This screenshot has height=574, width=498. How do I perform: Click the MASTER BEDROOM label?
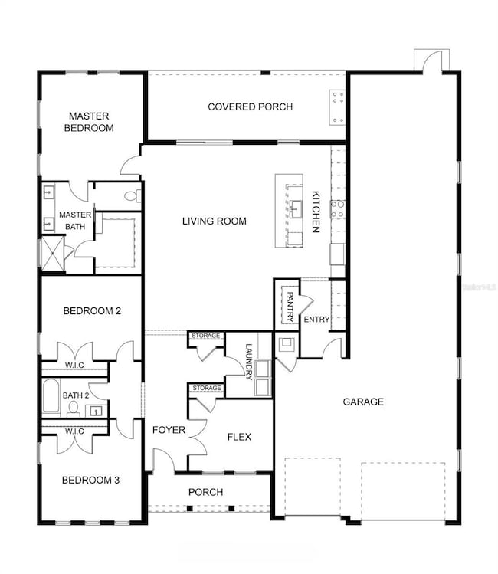90,123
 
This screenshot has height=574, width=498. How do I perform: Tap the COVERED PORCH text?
250,107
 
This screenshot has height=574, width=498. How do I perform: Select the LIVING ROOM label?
215,221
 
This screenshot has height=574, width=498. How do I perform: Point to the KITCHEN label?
314,212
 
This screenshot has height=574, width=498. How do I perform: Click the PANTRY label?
290,305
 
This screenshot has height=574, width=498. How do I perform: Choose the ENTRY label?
316,320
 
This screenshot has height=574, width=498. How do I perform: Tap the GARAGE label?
363,402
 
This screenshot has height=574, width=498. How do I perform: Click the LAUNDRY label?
249,361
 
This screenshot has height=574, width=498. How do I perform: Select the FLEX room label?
239,437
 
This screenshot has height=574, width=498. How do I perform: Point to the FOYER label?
169,430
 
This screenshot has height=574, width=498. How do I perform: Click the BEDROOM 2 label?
91,311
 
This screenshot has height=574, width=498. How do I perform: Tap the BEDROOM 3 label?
90,481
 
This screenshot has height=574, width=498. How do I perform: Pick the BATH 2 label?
75,395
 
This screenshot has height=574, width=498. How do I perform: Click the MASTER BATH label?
76,220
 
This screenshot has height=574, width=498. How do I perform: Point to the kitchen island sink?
295,207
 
